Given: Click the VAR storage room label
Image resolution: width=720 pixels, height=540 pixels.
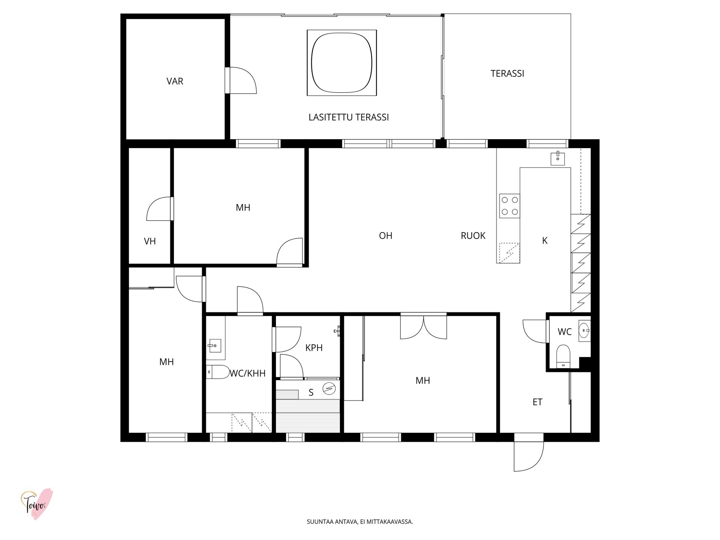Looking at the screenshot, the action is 175,81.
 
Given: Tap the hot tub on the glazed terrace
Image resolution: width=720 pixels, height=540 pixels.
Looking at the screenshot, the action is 342,63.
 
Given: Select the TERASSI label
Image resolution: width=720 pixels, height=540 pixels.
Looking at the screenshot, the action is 507,73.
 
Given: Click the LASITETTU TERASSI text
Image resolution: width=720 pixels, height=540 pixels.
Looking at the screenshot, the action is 348,117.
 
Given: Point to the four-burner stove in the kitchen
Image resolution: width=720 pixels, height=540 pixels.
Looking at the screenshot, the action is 510,206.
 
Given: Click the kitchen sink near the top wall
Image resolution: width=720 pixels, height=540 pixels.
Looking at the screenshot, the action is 558,159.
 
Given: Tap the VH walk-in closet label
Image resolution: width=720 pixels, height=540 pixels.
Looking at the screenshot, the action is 150,241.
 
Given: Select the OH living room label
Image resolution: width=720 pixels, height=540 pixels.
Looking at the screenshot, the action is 385,235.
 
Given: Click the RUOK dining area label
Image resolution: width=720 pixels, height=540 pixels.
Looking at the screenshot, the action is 473,235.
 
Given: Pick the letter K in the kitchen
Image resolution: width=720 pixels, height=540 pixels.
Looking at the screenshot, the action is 545,241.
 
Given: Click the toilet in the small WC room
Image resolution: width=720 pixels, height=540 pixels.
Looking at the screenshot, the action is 563,356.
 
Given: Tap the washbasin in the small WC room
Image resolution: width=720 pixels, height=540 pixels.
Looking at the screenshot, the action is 584,331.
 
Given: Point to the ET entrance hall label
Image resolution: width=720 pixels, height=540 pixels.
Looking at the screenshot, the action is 537,402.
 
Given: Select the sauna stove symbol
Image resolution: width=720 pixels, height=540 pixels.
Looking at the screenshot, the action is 329,388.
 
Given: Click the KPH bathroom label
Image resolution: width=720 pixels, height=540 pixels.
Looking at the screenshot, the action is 314,348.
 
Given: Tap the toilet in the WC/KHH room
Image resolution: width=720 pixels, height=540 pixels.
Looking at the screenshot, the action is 218,372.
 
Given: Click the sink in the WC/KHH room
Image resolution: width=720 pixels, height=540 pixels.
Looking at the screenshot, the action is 214,345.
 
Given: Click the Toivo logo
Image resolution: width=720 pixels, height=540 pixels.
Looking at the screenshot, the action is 36,504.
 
